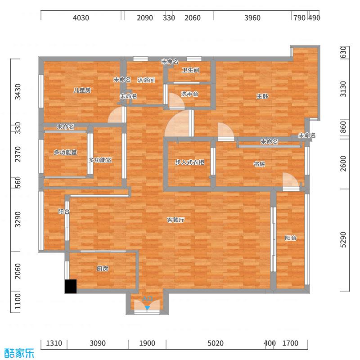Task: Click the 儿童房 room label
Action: point(82,90)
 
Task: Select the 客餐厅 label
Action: point(176,220)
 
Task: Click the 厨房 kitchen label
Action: point(102,269)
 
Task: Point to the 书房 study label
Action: point(259,164)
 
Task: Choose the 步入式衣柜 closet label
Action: point(189,162)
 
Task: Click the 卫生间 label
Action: point(190,71)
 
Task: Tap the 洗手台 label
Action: point(189,94)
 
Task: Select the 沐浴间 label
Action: point(146,80)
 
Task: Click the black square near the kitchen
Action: point(71,287)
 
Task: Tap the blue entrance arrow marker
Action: point(147,307)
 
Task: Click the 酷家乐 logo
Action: point(19,352)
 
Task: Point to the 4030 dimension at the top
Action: point(81,18)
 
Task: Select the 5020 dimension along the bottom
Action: point(216,343)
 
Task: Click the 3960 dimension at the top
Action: point(252,18)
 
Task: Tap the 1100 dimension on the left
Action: point(18,302)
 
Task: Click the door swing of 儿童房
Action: point(115,116)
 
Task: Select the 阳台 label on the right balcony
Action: point(290,238)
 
